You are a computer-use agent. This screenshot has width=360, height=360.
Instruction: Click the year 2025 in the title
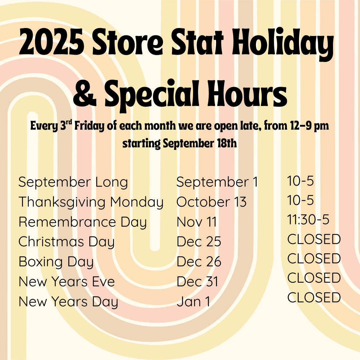[x=51, y=42]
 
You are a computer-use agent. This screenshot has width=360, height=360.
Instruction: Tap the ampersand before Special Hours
[x=84, y=93]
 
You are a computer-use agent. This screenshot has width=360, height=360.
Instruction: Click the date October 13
[x=211, y=202]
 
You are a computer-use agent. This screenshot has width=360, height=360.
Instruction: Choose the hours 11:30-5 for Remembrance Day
[x=308, y=219]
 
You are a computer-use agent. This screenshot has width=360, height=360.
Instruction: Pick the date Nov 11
[x=197, y=222]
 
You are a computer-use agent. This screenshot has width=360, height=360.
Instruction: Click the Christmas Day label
[x=66, y=242]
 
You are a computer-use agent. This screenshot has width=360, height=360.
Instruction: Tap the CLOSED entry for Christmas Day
[x=314, y=239]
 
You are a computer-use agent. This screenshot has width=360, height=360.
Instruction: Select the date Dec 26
[x=199, y=262]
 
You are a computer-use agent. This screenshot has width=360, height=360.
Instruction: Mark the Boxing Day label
[x=56, y=262]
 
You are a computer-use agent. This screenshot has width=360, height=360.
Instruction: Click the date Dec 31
[x=197, y=282]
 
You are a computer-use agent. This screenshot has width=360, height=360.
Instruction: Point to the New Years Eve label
[x=67, y=282]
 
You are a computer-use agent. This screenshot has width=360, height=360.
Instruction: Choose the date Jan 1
[x=193, y=302]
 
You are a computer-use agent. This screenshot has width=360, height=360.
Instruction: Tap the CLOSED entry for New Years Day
[x=314, y=297]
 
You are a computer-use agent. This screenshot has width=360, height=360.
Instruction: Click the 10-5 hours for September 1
[x=300, y=181]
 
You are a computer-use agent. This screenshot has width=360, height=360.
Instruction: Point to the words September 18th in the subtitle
[x=200, y=144]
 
